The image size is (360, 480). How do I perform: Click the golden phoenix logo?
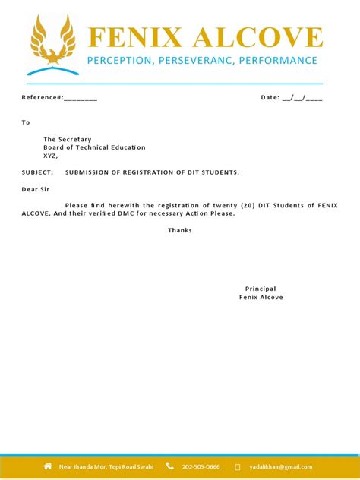click(52, 42)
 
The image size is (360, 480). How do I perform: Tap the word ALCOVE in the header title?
click(258, 36)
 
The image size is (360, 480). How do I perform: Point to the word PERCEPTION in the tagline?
click(119, 60)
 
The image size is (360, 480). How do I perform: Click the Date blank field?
click(302, 98)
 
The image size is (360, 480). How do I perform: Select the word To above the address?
click(26, 122)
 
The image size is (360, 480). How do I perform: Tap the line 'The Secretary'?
click(68, 139)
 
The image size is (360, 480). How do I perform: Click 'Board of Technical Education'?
click(94, 147)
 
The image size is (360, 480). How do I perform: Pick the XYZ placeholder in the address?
click(50, 156)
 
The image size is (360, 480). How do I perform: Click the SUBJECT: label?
click(37, 172)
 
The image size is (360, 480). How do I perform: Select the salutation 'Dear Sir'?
click(35, 188)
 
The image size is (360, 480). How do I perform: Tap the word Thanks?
click(180, 230)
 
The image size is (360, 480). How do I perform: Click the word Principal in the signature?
click(261, 289)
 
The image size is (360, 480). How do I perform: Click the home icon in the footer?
click(48, 466)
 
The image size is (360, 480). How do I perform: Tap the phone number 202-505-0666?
click(201, 467)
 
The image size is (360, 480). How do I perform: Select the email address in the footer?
click(281, 467)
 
